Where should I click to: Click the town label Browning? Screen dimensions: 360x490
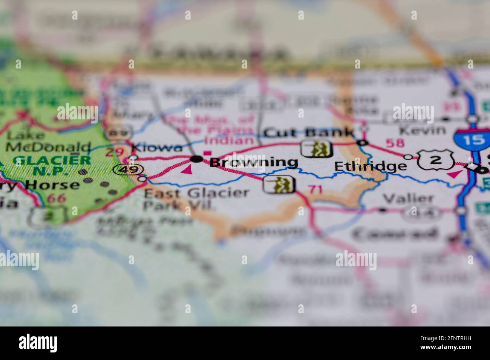click(x=253, y=162)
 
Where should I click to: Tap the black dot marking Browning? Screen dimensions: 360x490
click(x=196, y=159)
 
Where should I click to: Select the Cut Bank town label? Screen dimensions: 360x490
click(x=309, y=132)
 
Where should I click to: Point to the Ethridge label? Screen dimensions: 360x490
click(x=370, y=166)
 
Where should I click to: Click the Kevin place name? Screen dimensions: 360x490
click(x=422, y=131)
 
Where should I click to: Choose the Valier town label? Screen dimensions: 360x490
click(x=408, y=198)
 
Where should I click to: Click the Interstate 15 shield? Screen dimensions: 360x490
click(x=474, y=140)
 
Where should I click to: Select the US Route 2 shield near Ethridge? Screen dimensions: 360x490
click(x=435, y=160)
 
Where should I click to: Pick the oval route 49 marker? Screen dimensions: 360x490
click(x=124, y=170)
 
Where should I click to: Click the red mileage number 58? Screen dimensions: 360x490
click(x=395, y=143)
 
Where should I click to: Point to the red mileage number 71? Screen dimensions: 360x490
click(x=315, y=189)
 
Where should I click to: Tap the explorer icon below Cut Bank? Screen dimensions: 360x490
click(x=317, y=149)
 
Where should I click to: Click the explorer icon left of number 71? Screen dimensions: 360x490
click(x=279, y=184)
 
